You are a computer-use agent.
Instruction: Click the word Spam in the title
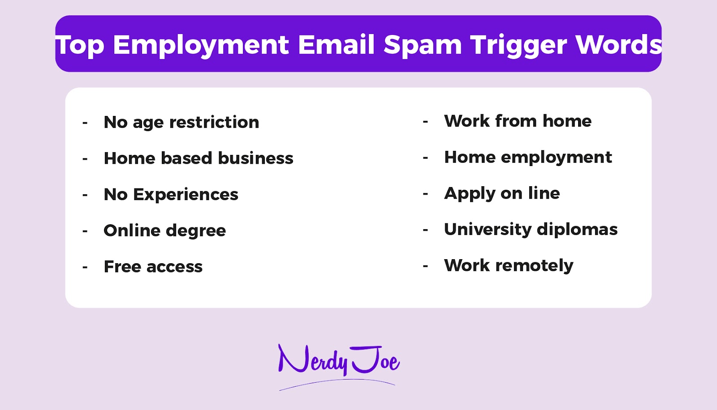[423, 45]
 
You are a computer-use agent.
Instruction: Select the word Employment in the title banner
[201, 45]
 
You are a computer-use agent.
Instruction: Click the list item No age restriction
[181, 122]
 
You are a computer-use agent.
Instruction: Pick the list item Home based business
[199, 158]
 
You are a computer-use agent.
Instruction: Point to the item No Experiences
[171, 195]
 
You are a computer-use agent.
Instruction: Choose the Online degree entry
[164, 231]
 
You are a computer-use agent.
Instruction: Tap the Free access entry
[153, 267]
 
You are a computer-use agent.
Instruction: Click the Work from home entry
[518, 121]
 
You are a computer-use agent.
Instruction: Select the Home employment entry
[528, 158]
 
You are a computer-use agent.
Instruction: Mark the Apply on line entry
[502, 193]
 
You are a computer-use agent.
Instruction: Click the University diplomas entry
[531, 230]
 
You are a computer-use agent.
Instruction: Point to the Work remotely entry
[509, 266]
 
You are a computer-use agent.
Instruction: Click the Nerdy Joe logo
[338, 363]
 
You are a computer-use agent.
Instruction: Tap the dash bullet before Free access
[85, 268]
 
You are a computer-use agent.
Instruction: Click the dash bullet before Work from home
[425, 122]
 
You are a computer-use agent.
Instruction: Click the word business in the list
[255, 158]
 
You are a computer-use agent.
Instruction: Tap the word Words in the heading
[618, 45]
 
